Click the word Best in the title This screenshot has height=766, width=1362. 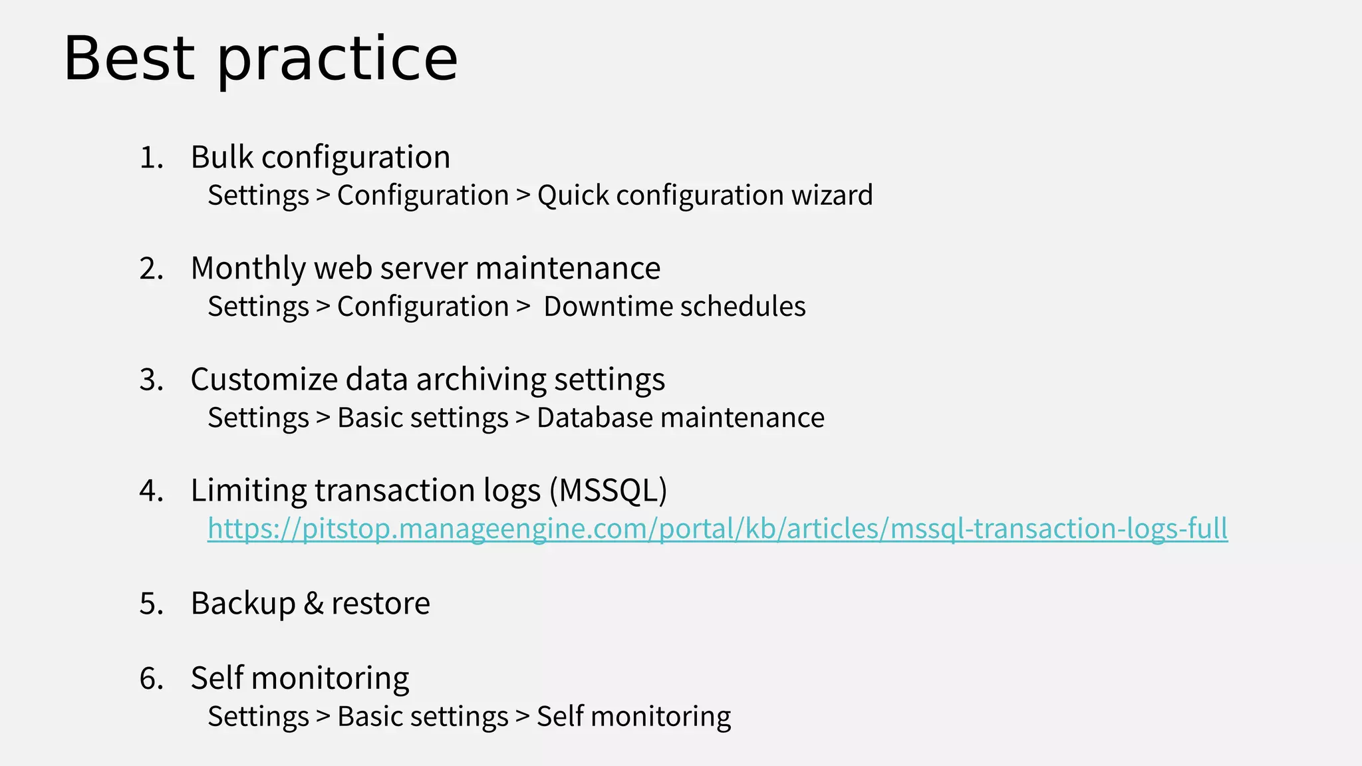point(129,59)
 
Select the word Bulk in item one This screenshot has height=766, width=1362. point(222,158)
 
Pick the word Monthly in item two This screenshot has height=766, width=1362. point(247,269)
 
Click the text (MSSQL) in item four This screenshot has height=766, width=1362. point(608,491)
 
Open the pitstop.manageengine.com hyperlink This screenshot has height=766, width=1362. point(717,529)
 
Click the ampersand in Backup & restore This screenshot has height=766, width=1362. point(313,604)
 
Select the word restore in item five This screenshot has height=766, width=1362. point(380,604)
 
